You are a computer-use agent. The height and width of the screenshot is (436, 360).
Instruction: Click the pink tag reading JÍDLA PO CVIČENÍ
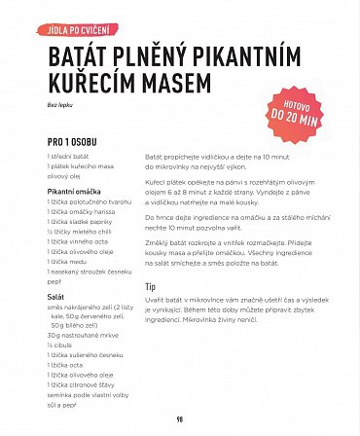click(x=80, y=29)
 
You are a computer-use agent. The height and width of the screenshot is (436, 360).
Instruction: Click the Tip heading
click(x=151, y=287)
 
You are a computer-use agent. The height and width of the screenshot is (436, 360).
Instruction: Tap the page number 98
click(x=180, y=419)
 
